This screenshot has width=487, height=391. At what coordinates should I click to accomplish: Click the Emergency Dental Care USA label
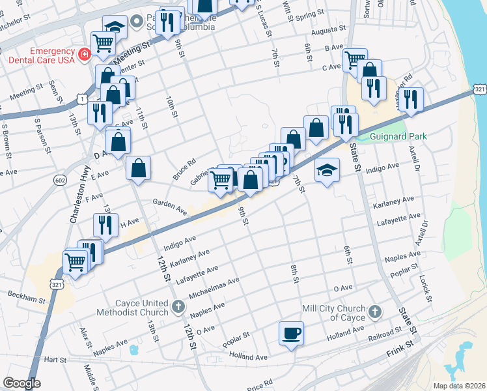pyautogui.click(x=38, y=55)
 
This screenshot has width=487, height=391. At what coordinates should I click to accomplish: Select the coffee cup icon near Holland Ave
pyautogui.click(x=291, y=334)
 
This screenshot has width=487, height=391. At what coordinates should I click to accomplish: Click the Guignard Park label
pyautogui.click(x=398, y=137)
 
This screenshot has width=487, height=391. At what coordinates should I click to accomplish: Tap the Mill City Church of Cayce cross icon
pyautogui.click(x=374, y=312)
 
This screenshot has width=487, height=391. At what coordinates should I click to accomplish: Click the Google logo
pyautogui.click(x=21, y=383)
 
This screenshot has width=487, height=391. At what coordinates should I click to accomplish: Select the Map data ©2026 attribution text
pyautogui.click(x=458, y=386)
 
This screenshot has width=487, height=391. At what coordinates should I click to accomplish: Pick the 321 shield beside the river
pyautogui.click(x=479, y=89)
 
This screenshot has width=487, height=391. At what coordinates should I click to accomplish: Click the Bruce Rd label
pyautogui.click(x=184, y=170)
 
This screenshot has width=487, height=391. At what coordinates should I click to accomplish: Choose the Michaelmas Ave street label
pyautogui.click(x=214, y=288)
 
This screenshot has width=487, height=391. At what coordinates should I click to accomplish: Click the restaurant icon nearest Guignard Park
pyautogui.click(x=410, y=99)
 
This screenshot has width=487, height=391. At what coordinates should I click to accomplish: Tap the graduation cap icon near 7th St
pyautogui.click(x=327, y=171)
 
